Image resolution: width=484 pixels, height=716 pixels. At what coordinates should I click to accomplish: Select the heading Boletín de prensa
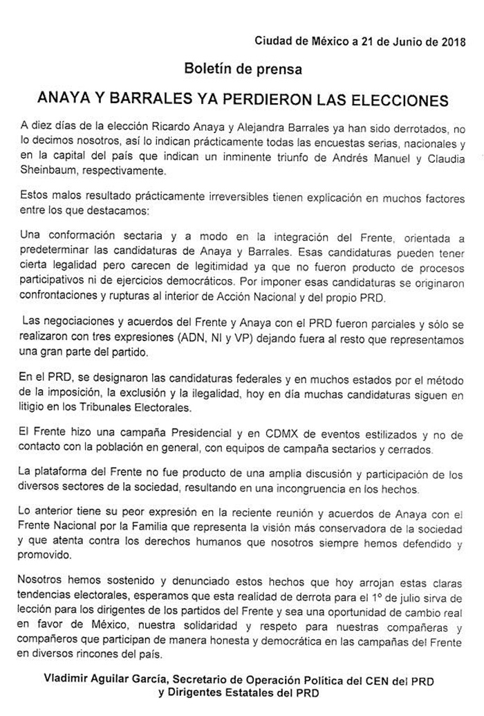tap(243, 69)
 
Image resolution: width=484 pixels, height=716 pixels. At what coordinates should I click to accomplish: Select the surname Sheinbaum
tap(46, 170)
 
